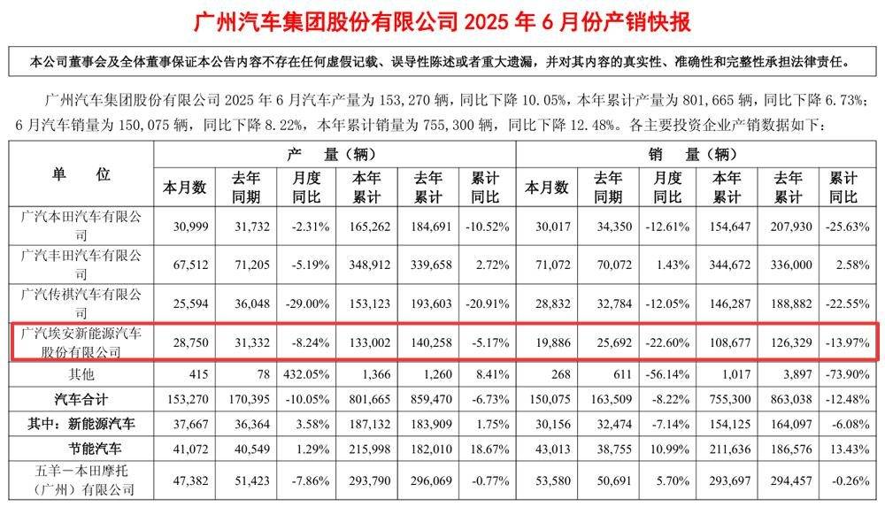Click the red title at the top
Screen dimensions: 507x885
(442, 20)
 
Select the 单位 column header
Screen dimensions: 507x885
(81, 173)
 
